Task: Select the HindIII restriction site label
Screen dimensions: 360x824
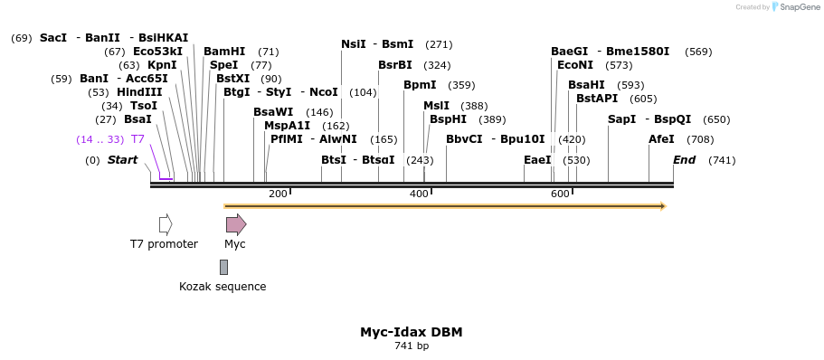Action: (139, 92)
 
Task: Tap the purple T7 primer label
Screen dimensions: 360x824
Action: (137, 139)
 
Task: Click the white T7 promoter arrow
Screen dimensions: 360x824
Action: (166, 224)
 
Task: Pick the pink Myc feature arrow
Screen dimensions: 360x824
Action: (235, 224)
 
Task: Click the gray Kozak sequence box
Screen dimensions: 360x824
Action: (223, 267)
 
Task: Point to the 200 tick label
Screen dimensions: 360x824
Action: (278, 194)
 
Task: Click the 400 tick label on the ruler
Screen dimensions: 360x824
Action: (419, 194)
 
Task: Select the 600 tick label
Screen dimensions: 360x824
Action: (560, 194)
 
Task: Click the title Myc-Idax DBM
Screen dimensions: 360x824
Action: (412, 332)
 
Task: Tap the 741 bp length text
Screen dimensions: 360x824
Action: (412, 346)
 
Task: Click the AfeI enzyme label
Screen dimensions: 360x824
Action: (661, 139)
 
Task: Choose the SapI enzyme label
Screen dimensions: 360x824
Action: (621, 119)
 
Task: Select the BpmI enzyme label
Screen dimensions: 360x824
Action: (420, 85)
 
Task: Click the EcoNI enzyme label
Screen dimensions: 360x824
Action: (575, 65)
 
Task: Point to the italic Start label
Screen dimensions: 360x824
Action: (122, 160)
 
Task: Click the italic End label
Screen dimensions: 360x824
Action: (684, 160)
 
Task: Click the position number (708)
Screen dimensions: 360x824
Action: (700, 139)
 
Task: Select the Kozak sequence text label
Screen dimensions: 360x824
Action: (223, 287)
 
